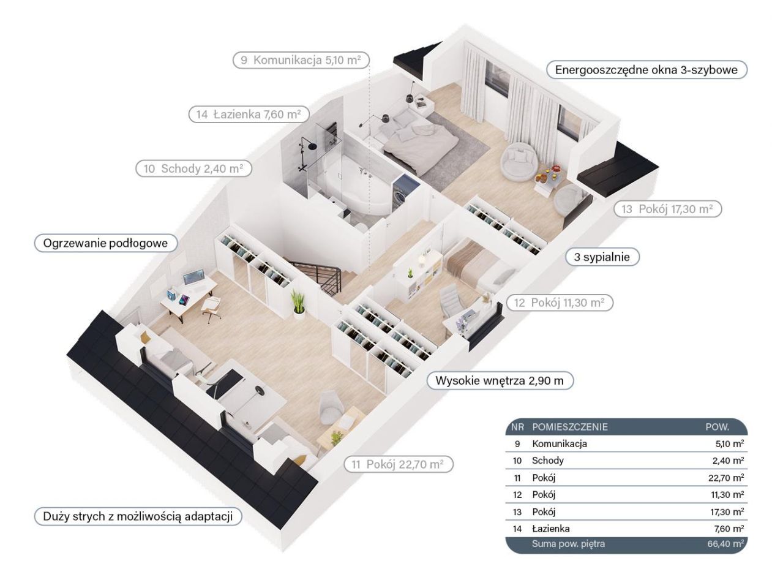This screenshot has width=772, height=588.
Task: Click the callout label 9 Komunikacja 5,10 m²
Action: (x=301, y=60)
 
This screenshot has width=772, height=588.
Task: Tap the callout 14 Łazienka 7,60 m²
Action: (x=249, y=115)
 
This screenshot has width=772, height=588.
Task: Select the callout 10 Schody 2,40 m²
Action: (x=193, y=168)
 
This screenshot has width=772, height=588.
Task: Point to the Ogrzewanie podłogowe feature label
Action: (x=105, y=243)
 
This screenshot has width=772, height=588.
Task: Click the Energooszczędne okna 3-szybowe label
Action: (x=646, y=70)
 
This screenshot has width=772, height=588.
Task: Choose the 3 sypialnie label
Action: (x=602, y=257)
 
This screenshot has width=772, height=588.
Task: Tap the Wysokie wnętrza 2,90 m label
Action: (x=500, y=380)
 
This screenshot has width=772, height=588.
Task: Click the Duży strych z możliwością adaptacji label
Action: (x=138, y=516)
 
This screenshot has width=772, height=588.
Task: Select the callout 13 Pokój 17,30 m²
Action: (x=667, y=209)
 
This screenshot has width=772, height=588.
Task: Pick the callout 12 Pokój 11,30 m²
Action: (x=560, y=303)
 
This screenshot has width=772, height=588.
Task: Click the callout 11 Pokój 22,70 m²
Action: (x=398, y=464)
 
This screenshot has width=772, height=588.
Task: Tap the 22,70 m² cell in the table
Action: (x=726, y=478)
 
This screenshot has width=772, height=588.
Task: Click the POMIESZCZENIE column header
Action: (x=570, y=427)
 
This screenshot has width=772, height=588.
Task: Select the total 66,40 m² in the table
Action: (x=725, y=544)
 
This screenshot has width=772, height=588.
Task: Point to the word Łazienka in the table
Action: (x=551, y=529)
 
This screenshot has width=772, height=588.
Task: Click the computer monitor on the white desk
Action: (x=193, y=277)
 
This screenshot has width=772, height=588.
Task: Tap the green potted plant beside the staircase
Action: (x=298, y=305)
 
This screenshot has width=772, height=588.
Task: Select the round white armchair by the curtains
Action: (x=519, y=161)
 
